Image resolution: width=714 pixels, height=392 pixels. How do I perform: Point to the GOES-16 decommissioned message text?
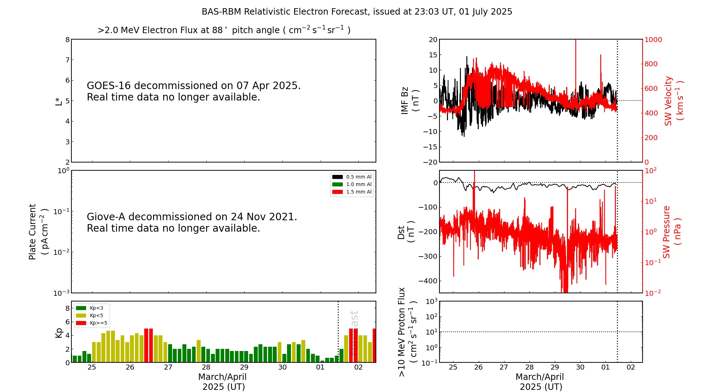tap(193, 91)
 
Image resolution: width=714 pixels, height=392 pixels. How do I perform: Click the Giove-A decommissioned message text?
tap(192, 222)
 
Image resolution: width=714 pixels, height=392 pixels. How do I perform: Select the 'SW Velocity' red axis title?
tap(668, 100)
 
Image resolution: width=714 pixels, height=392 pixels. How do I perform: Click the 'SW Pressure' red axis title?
tap(667, 232)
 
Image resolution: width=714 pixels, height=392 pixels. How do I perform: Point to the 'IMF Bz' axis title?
tap(405, 100)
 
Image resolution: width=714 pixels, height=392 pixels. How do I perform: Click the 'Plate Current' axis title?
tap(32, 232)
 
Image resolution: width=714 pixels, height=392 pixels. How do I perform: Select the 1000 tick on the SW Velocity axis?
tap(653, 40)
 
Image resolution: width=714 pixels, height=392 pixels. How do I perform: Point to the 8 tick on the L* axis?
tap(67, 40)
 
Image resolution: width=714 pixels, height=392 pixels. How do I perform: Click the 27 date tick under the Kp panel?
tap(168, 367)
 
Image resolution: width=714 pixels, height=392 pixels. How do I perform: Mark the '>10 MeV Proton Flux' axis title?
tap(402, 332)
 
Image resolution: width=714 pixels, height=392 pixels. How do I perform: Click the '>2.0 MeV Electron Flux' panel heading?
tap(224, 30)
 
